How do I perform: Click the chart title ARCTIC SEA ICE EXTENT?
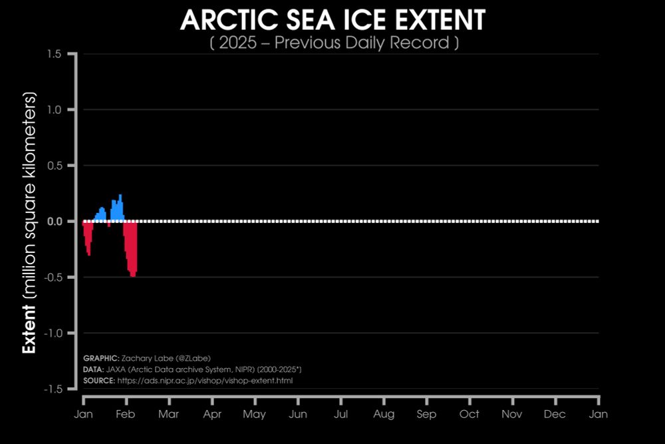click(x=332, y=21)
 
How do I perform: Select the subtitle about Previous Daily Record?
click(x=332, y=43)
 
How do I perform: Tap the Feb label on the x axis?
click(x=126, y=415)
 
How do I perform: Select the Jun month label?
click(x=298, y=415)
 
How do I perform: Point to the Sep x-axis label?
click(x=426, y=415)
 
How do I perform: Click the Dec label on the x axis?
click(x=555, y=415)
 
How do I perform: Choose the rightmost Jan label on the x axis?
click(x=598, y=415)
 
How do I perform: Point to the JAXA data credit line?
click(x=193, y=369)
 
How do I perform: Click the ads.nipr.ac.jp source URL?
click(x=205, y=381)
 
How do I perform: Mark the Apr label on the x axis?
click(x=212, y=415)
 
